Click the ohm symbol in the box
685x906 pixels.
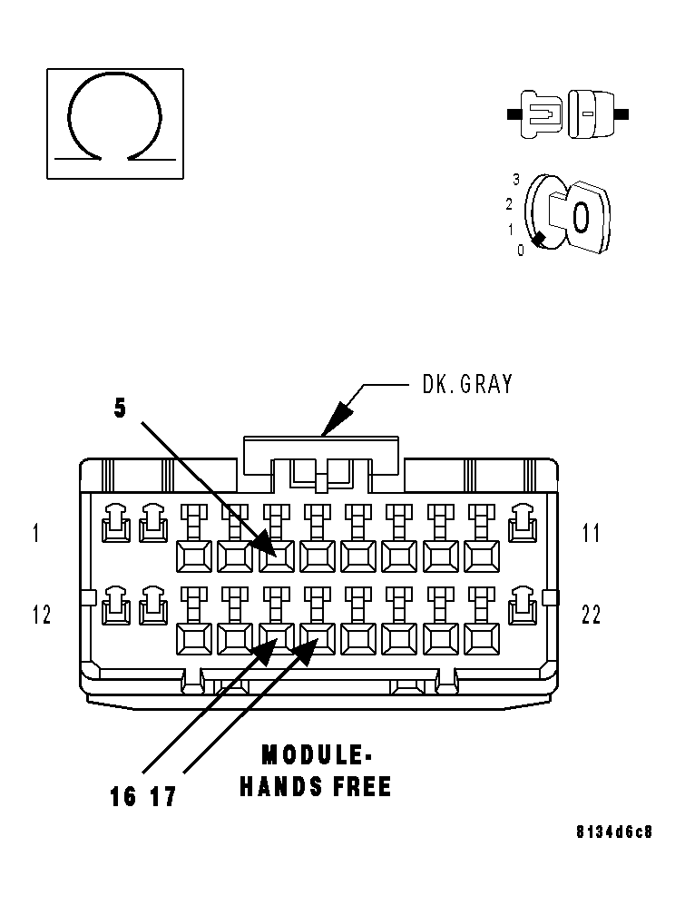coord(114,118)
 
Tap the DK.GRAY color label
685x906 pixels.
coord(467,384)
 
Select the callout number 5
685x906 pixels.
coord(120,409)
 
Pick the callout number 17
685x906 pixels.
coord(162,797)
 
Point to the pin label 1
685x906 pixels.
coord(36,533)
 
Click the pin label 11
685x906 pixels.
coord(591,533)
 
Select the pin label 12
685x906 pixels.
coord(42,615)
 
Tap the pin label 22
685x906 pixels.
coord(591,615)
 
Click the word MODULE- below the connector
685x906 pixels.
coord(317,755)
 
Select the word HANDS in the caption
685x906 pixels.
coord(276,786)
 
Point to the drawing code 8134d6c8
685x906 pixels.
coord(613,832)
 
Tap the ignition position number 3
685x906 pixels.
coord(516,179)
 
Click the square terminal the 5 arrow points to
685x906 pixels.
coord(276,556)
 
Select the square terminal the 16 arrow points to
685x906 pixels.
coord(276,639)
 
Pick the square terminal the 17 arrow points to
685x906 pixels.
coord(317,639)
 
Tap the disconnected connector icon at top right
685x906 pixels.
coord(567,114)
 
